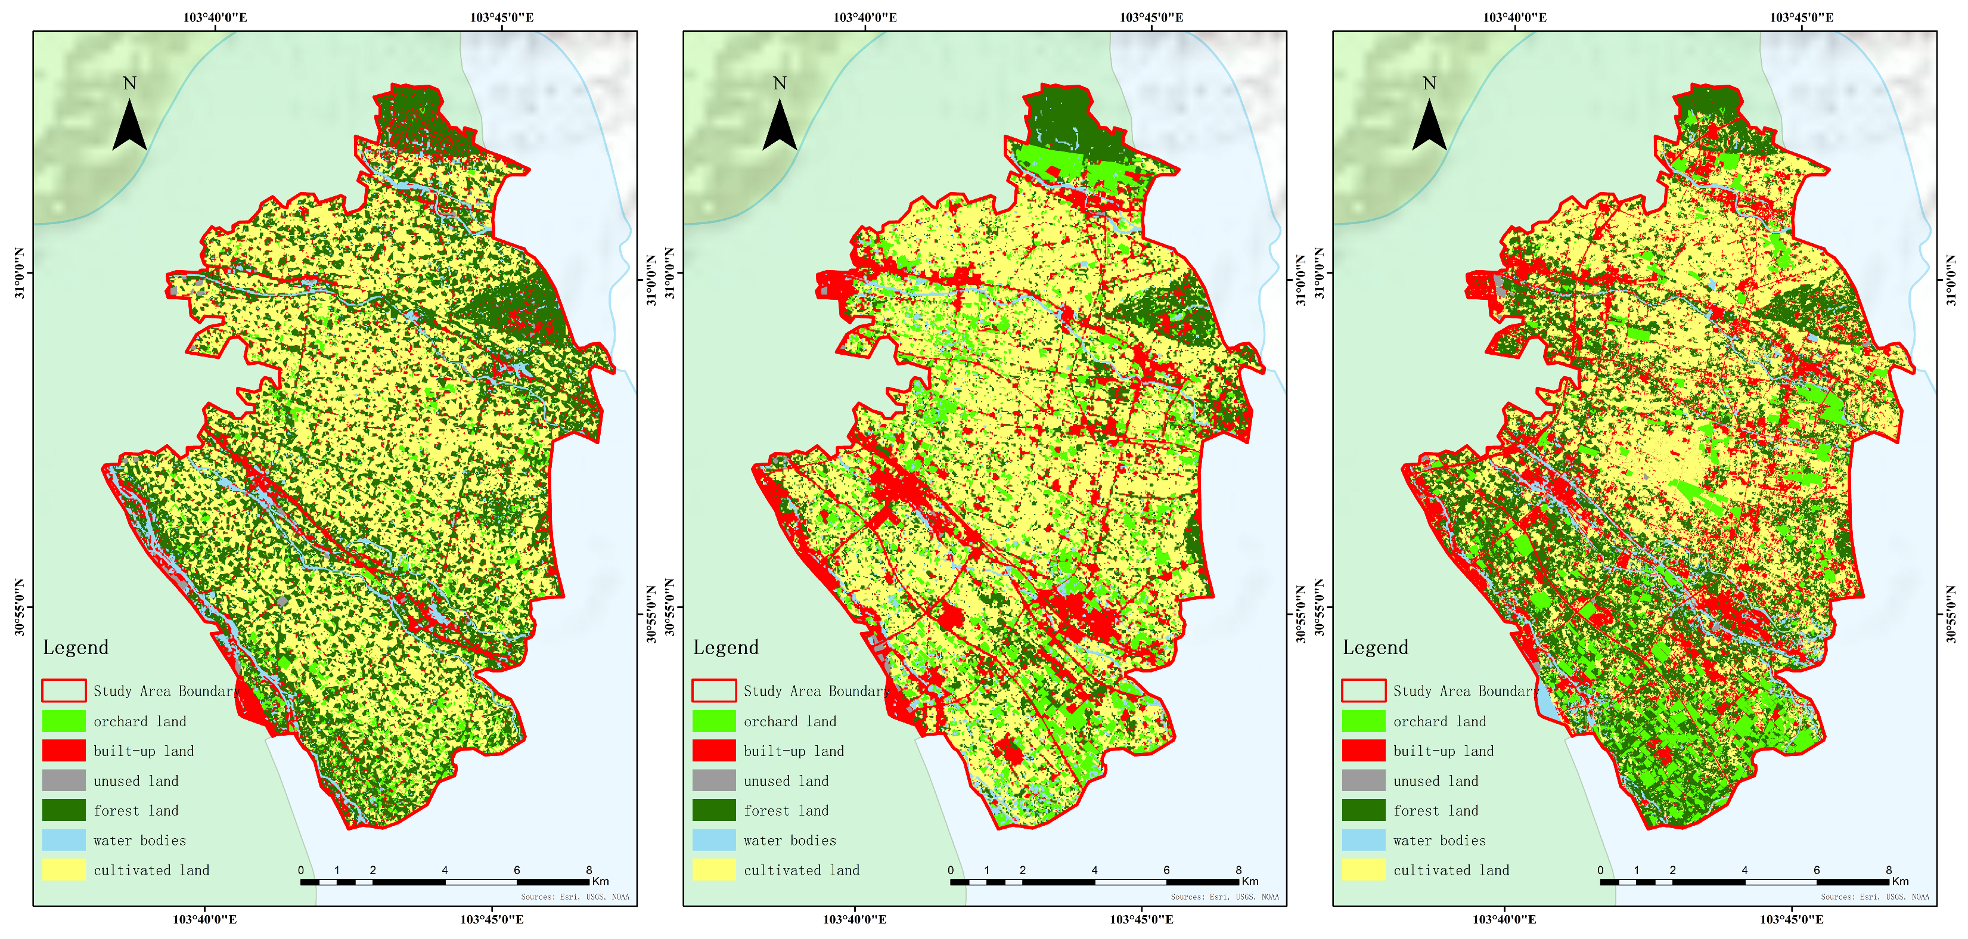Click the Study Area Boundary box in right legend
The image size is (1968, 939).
[1364, 691]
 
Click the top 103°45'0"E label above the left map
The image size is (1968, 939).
[501, 17]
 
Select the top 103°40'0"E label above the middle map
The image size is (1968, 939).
[865, 17]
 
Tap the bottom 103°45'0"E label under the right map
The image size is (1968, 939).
[1792, 919]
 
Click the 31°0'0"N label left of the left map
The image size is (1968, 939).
[20, 274]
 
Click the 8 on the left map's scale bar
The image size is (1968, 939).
[589, 869]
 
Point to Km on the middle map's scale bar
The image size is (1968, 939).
[1250, 881]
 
